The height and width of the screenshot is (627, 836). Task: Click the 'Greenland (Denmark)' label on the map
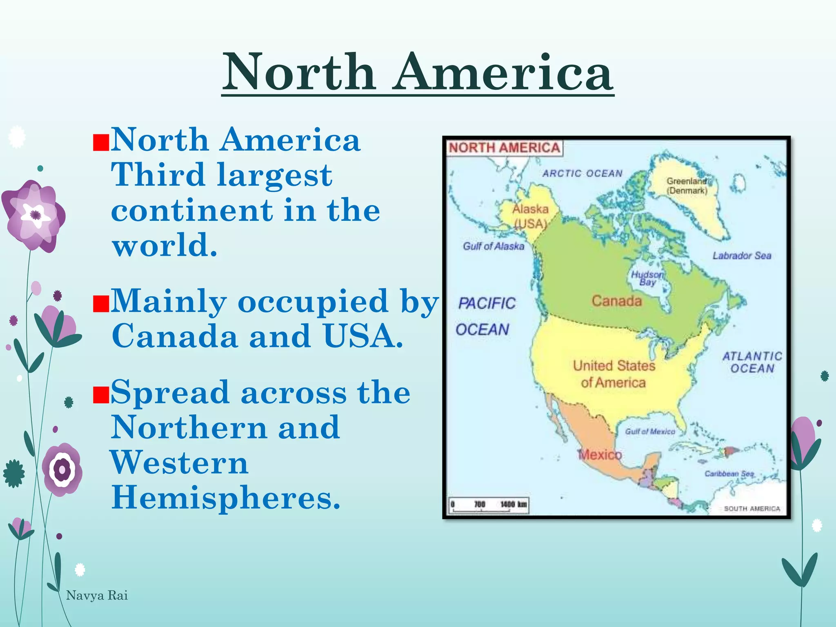coord(687,186)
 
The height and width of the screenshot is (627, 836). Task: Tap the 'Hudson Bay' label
coord(647,278)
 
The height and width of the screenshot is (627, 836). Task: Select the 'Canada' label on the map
coord(616,301)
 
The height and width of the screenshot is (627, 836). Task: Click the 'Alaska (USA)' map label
coord(530,216)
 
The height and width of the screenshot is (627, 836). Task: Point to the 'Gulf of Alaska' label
coord(493,246)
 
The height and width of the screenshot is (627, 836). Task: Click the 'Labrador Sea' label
coord(742,256)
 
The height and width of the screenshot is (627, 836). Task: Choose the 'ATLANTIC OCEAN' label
coord(752,362)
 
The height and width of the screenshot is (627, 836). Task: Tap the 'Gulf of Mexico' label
coord(650,431)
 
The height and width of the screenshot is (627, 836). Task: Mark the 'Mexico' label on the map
coord(600,455)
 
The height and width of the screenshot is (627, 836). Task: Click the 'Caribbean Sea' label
coord(729,474)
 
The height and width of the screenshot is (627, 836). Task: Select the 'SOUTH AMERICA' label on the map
coord(752,509)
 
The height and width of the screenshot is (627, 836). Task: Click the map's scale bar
coord(488,505)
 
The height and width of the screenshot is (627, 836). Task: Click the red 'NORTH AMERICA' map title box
coord(505,148)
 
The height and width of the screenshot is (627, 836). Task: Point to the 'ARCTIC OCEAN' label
coord(582,173)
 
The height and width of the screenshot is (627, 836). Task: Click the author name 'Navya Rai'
coord(97,596)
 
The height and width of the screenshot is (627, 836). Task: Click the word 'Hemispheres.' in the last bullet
coord(226,498)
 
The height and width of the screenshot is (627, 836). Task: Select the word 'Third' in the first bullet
coord(158,175)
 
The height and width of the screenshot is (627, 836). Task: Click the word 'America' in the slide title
coord(503,72)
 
